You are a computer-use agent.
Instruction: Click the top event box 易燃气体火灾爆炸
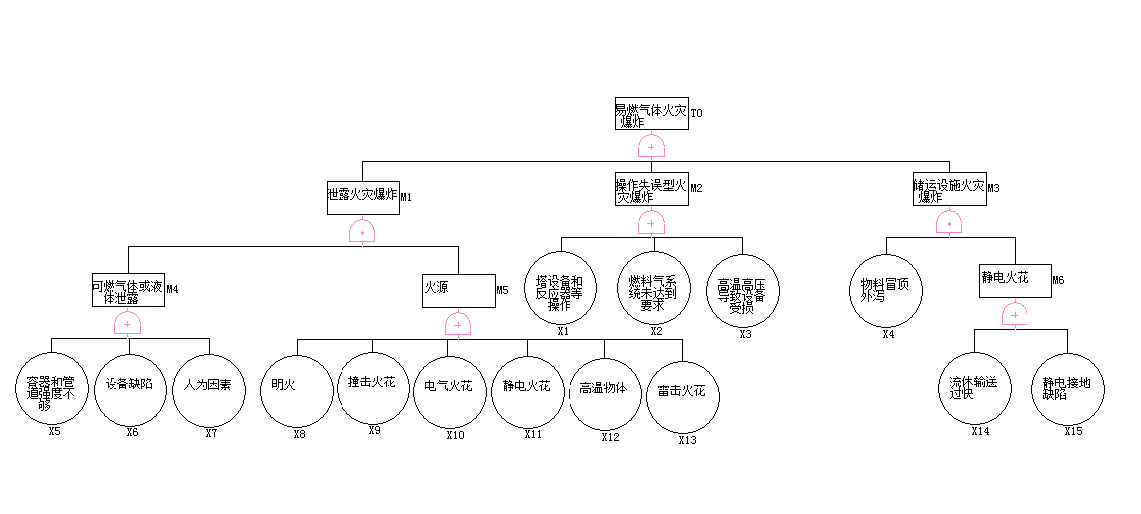651,114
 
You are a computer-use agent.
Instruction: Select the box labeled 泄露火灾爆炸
362,195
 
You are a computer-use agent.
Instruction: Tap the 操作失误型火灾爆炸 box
651,189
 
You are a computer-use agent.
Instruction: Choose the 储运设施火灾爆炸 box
949,189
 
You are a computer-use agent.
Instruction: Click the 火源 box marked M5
458,290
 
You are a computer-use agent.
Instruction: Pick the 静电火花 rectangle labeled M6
1015,280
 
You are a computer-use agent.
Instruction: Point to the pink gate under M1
362,232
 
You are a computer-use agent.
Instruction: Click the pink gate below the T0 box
651,147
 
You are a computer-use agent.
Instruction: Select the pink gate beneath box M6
1015,316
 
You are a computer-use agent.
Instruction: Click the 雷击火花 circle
682,395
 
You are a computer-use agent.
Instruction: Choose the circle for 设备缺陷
129,388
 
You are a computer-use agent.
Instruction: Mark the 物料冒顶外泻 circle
887,290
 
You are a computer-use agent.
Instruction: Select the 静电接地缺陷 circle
1068,389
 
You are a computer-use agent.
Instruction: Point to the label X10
455,435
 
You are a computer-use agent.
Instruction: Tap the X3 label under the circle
745,334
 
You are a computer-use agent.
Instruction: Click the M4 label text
172,290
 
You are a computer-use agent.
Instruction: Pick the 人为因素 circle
208,388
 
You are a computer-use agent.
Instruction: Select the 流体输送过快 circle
975,389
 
